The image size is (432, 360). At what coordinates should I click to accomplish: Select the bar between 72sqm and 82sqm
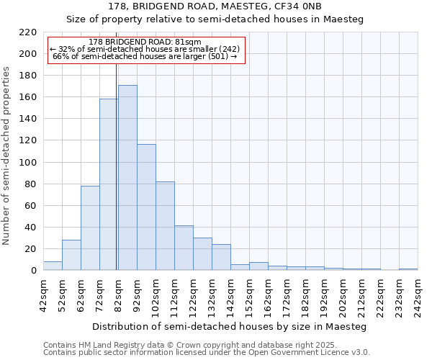(x=109, y=184)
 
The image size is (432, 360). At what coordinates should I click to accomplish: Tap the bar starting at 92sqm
(x=146, y=207)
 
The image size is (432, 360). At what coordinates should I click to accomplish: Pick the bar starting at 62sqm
(x=90, y=228)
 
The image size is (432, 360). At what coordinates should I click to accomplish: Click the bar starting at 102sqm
(x=165, y=226)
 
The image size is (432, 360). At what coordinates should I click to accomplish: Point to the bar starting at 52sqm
(x=71, y=255)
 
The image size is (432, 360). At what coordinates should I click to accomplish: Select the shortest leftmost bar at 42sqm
(x=53, y=266)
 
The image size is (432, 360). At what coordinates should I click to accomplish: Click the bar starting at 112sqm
(x=184, y=248)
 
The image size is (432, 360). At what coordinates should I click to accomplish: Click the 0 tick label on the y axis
(x=33, y=271)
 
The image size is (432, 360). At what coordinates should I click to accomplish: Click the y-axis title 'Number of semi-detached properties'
(x=6, y=156)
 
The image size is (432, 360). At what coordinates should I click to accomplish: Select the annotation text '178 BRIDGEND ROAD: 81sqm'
(x=146, y=42)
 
